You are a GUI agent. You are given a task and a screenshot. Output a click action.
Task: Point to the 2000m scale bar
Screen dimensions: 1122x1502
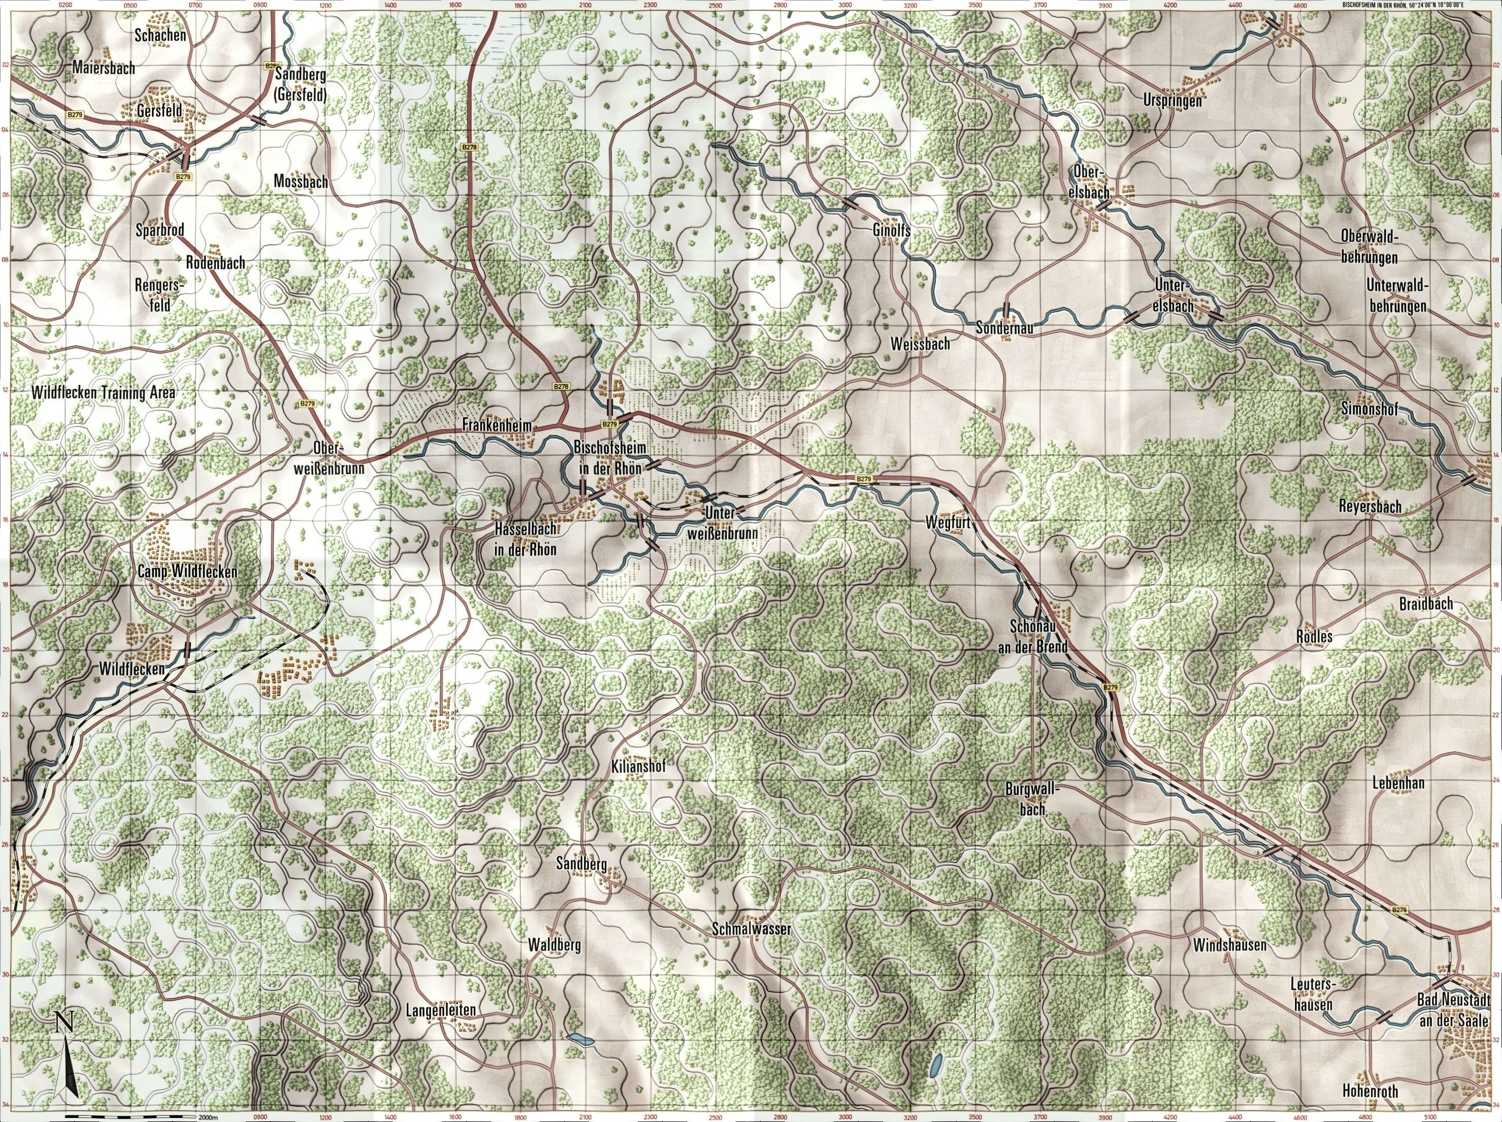[129, 1115]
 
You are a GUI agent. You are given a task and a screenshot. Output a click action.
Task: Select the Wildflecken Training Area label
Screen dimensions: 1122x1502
[103, 393]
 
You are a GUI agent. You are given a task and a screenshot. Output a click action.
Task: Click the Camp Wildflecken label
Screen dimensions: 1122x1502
[187, 572]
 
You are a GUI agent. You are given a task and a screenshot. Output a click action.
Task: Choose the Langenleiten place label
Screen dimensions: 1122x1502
[440, 1011]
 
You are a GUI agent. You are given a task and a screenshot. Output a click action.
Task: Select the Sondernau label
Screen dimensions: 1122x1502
[1004, 328]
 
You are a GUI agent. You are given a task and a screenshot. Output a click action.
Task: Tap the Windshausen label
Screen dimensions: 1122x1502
[1229, 944]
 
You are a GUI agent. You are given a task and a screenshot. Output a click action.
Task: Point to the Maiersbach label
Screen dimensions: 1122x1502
[104, 68]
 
